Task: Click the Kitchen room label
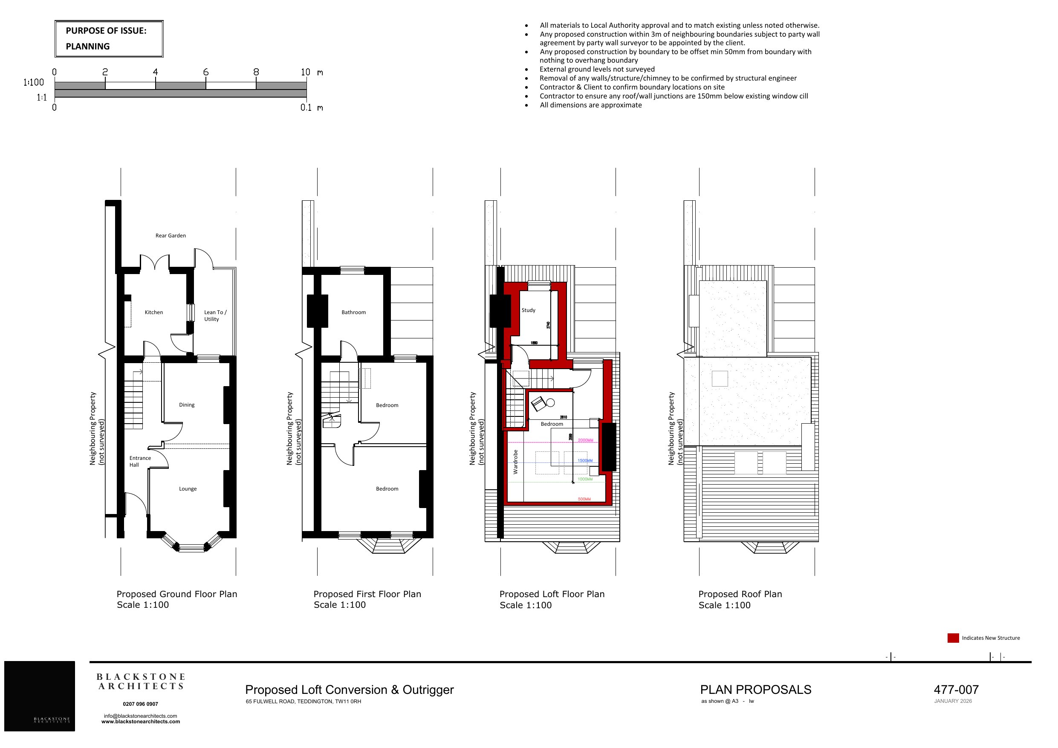point(153,312)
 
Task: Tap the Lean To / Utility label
point(215,316)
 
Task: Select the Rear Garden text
point(171,236)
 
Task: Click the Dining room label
point(187,405)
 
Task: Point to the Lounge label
point(188,489)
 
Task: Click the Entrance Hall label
point(140,461)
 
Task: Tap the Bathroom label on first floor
point(353,312)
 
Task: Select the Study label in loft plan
point(528,310)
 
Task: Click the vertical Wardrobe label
point(516,462)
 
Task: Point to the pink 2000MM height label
point(585,440)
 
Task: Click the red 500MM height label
point(584,499)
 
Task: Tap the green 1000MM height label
point(585,479)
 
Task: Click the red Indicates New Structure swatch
point(953,638)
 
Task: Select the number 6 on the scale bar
point(205,72)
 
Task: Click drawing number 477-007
point(956,690)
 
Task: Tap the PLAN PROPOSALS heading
point(755,690)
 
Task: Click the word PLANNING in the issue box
point(87,46)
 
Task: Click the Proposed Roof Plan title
point(740,594)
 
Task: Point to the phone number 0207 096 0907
point(140,704)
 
